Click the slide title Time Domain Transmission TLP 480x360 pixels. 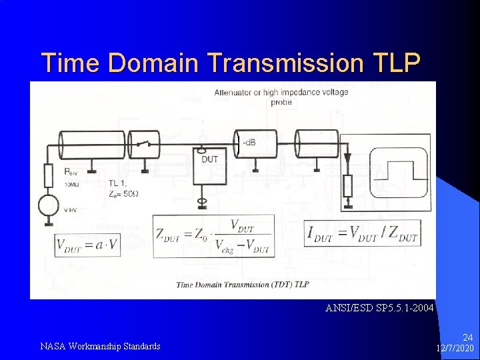coord(231,63)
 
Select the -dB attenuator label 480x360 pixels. coord(249,143)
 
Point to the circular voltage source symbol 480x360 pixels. coord(48,205)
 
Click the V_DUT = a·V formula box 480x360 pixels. coord(87,244)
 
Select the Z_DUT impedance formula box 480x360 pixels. coord(213,237)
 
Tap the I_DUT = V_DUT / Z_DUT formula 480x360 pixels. coord(362,233)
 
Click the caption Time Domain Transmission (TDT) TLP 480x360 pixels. coord(243,285)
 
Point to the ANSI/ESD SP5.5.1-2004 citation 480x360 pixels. coord(379,308)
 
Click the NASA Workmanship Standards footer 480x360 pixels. coord(100,346)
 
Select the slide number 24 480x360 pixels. coord(467,338)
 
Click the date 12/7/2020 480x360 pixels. coord(455,349)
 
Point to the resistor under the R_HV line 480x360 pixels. coord(48,176)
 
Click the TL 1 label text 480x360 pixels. coord(117,182)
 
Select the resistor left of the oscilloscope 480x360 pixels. coord(347,186)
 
